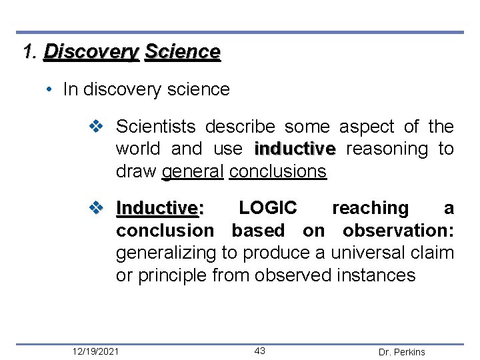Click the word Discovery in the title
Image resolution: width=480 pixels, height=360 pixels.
[91, 52]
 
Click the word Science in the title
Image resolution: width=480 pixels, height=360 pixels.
[182, 52]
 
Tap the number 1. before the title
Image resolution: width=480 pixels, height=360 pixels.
[30, 52]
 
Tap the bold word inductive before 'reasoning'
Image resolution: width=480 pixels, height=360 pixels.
[295, 149]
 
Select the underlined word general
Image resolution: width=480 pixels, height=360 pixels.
[193, 171]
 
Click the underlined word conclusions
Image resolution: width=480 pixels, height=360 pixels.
[277, 171]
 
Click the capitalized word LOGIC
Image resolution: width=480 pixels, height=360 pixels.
[268, 208]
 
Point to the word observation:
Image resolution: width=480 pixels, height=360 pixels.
[398, 231]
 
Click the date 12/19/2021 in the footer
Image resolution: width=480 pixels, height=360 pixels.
[97, 351]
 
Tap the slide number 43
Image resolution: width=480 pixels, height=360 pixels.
[260, 351]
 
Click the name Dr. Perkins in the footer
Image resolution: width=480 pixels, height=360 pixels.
[401, 352]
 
